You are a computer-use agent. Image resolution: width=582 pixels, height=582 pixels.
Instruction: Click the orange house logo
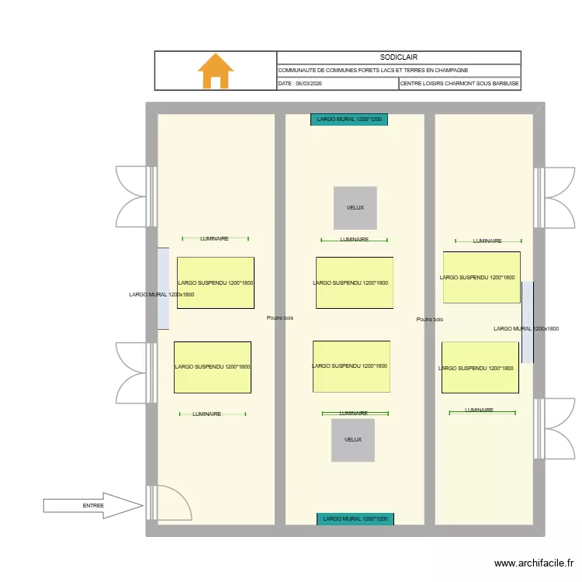216,71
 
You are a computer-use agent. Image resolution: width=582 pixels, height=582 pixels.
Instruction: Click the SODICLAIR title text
398,57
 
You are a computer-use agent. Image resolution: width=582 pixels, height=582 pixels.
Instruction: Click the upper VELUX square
355,208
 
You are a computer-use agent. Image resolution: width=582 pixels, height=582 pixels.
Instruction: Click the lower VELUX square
353,440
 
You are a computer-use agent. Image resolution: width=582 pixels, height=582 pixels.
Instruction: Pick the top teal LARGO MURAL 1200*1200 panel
349,120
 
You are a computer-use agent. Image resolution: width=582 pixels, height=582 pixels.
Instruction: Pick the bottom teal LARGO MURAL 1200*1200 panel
355,518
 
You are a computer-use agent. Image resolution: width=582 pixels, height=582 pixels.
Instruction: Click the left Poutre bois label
279,318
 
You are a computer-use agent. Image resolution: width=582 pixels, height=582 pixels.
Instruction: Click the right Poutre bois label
429,320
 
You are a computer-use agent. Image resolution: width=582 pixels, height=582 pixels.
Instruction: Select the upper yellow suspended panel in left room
215,282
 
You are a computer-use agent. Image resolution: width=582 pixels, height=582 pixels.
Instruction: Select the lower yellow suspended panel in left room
212,367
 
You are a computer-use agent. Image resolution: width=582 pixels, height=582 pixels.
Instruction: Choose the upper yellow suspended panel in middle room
354,283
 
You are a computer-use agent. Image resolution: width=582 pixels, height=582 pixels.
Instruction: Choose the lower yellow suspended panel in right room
480,368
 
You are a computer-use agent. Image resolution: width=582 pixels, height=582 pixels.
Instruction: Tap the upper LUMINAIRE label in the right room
487,241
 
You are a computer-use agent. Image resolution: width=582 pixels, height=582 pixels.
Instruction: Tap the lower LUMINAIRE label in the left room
207,414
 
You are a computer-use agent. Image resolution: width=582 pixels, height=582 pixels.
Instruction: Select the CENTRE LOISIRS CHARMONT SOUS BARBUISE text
459,84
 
